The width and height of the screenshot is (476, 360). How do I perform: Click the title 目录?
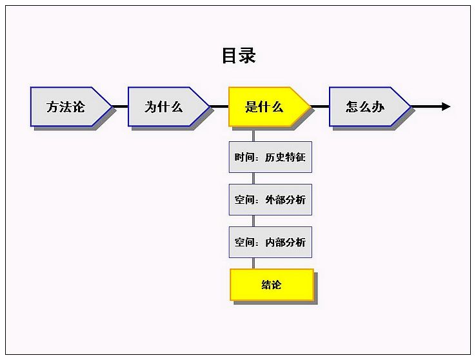point(239,55)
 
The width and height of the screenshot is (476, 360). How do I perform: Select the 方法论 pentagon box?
point(71,106)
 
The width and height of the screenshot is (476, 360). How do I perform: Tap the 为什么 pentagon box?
point(169,106)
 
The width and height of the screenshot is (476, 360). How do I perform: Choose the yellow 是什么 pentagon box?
point(270,106)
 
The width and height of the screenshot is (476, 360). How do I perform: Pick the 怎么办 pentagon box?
point(370,106)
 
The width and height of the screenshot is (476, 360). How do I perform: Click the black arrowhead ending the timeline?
point(446,106)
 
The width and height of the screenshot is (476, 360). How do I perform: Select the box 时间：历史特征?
point(270,157)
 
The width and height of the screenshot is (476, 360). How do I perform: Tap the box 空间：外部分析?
point(270,200)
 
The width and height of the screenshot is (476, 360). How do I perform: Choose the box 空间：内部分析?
point(270,242)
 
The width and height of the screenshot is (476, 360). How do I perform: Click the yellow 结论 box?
point(272,285)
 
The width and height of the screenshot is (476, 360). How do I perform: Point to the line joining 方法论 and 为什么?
point(120,106)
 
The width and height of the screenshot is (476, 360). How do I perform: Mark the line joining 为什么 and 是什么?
point(219,106)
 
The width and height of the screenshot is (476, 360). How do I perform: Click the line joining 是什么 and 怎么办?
point(320,106)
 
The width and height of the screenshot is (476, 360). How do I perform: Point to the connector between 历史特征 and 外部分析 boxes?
point(253,179)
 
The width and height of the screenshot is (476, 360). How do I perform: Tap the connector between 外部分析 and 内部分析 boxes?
point(253,221)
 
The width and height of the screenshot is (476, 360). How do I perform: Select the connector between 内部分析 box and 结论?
point(253,263)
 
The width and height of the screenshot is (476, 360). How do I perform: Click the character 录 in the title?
point(248,55)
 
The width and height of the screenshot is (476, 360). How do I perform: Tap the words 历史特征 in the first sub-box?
point(285,157)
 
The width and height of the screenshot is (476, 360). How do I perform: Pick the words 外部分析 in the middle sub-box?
point(285,200)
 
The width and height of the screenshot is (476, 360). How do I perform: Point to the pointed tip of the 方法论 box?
point(112,106)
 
